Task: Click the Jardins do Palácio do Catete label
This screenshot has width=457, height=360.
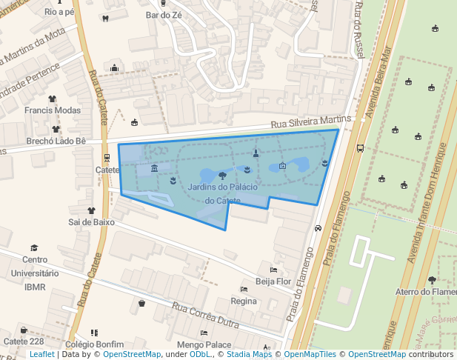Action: coord(222,193)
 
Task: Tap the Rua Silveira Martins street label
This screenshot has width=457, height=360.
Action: coord(310,120)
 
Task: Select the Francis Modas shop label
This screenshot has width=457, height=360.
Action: coord(52,110)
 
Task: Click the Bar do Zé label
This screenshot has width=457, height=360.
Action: coord(164,14)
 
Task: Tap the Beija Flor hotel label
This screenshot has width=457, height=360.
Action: coord(273,281)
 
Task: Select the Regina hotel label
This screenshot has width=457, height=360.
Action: coord(244,301)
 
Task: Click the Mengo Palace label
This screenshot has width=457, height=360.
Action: coord(204,344)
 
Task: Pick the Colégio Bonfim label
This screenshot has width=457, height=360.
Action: coord(94,344)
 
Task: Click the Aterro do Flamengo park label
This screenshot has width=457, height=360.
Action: coord(426,292)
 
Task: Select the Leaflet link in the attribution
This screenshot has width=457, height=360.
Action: coord(41,355)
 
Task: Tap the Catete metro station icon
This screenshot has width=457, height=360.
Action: coord(107,157)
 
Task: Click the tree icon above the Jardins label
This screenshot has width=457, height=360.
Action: coord(222,176)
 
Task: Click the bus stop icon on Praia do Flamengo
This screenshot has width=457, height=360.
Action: coord(361,148)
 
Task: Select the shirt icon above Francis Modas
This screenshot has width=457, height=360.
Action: coord(52,99)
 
